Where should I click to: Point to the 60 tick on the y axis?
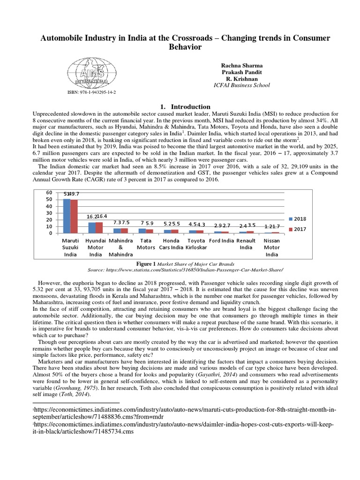coord(47,193)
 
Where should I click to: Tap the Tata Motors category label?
coord(146,244)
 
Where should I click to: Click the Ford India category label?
coord(221,240)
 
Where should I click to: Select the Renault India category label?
coord(246,244)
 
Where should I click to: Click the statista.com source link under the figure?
coord(186,270)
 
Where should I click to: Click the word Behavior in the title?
coord(180,47)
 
